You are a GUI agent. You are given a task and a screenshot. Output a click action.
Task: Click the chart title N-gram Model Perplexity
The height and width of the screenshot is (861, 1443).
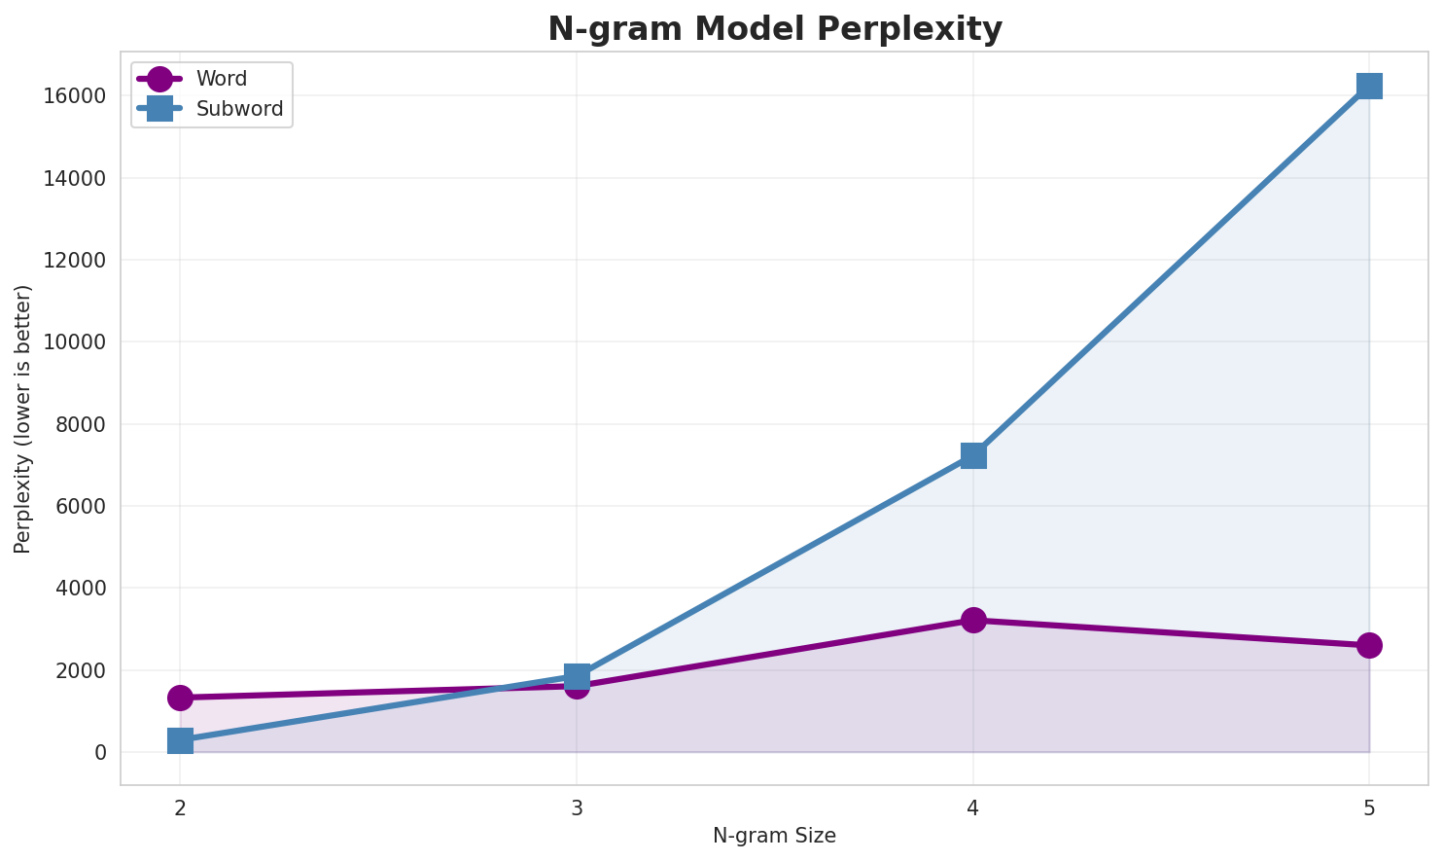pyautogui.click(x=774, y=29)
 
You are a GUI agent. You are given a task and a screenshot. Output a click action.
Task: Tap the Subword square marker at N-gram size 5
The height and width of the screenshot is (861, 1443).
pyautogui.click(x=1369, y=86)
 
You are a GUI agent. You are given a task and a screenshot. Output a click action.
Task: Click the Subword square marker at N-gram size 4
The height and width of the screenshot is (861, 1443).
pyautogui.click(x=973, y=455)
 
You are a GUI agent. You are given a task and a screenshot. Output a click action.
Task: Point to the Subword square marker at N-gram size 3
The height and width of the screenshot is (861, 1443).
pyautogui.click(x=577, y=675)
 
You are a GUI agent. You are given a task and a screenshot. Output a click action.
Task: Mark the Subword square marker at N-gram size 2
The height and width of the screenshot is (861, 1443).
pyautogui.click(x=180, y=740)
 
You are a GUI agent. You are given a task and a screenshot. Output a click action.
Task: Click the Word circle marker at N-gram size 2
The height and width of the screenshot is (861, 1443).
pyautogui.click(x=180, y=698)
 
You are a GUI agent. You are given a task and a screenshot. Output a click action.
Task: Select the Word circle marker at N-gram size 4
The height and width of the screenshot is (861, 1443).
pyautogui.click(x=973, y=620)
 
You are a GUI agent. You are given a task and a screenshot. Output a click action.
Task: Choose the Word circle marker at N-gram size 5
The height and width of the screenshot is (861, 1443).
pyautogui.click(x=1369, y=645)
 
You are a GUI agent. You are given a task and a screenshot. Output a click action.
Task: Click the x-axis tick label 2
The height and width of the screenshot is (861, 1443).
pyautogui.click(x=180, y=807)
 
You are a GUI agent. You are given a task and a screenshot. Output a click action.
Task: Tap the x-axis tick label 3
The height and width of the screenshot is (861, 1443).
pyautogui.click(x=577, y=807)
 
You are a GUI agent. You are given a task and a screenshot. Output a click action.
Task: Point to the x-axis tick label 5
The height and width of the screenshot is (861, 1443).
pyautogui.click(x=1369, y=807)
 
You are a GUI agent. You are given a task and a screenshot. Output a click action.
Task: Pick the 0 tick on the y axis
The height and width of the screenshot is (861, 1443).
pyautogui.click(x=100, y=753)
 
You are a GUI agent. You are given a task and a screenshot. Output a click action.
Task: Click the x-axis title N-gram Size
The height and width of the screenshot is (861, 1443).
pyautogui.click(x=774, y=836)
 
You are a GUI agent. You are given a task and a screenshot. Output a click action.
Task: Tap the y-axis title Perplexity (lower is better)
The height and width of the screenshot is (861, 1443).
pyautogui.click(x=23, y=418)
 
